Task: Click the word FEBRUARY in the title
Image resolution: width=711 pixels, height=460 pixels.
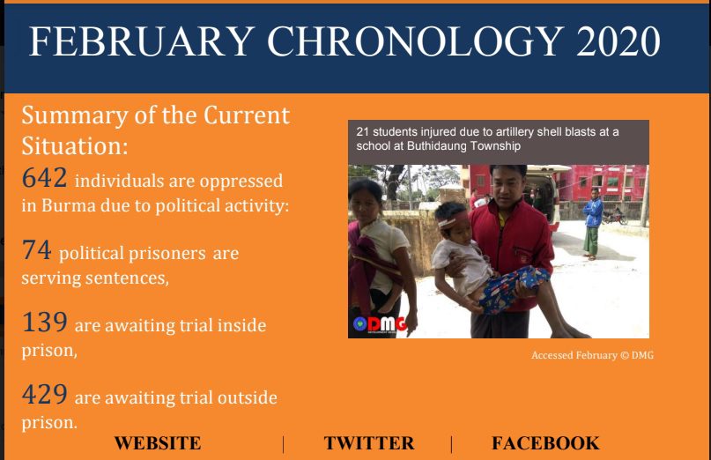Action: [142, 41]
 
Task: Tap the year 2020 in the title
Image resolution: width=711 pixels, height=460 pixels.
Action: [618, 41]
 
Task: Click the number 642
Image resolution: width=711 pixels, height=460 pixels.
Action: [44, 177]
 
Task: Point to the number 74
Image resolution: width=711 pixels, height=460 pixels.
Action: [36, 250]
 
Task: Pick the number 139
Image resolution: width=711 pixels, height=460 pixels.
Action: [44, 323]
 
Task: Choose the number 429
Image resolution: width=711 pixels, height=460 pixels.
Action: [44, 394]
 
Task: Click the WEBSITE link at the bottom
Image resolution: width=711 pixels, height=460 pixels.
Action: [158, 443]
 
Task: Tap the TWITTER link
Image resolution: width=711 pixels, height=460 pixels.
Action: [369, 443]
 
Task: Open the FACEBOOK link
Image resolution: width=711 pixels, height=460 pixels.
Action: [545, 443]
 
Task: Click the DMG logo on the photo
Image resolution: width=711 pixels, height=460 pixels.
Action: [380, 324]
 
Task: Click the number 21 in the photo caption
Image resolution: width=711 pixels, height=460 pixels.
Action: [362, 132]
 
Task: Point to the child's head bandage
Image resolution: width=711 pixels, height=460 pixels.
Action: [454, 219]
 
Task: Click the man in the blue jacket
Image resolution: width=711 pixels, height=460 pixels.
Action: [593, 223]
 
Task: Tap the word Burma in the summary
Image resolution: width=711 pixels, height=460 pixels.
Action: [68, 206]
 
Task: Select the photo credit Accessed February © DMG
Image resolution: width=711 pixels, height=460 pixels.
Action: [592, 355]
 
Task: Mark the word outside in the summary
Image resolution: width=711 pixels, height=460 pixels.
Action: [247, 397]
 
